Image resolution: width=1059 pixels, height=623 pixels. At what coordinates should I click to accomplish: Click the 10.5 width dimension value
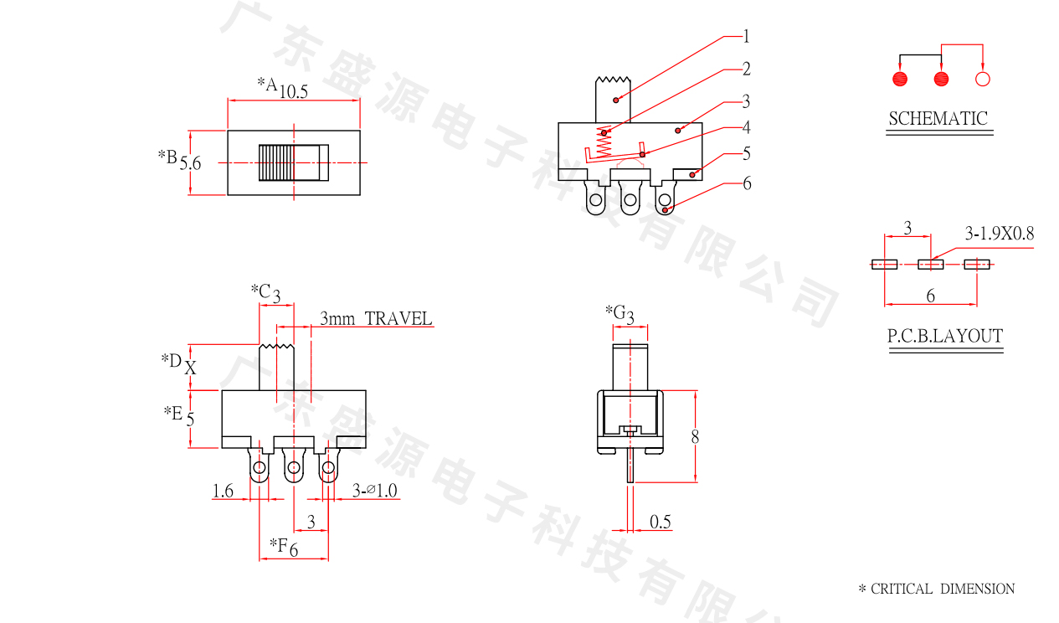(x=294, y=92)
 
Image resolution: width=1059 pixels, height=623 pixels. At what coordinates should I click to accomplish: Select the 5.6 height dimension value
(x=191, y=163)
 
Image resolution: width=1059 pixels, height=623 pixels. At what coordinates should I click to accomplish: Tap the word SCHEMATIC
(x=938, y=119)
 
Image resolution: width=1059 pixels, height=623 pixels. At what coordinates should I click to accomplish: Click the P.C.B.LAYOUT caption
(x=945, y=337)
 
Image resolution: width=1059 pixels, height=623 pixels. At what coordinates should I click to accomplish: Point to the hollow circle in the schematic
(x=983, y=80)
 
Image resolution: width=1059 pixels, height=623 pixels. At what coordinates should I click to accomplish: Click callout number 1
(x=746, y=36)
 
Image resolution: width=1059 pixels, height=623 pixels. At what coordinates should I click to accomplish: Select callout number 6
(x=747, y=183)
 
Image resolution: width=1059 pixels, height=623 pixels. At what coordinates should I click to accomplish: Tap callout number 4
(x=746, y=127)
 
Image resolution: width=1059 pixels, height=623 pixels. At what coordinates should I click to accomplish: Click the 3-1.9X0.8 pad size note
(x=1000, y=234)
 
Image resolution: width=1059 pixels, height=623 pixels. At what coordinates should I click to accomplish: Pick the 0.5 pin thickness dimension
(x=661, y=523)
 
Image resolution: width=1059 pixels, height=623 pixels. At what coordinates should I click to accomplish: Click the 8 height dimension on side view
(x=695, y=436)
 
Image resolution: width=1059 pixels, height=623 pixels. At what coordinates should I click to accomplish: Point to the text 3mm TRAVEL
(x=376, y=319)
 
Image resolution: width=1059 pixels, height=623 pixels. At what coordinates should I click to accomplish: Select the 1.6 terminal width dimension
(x=223, y=492)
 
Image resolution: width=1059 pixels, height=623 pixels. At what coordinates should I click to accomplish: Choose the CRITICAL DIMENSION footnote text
(x=937, y=590)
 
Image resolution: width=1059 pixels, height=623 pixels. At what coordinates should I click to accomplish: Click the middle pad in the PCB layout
(x=930, y=265)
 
